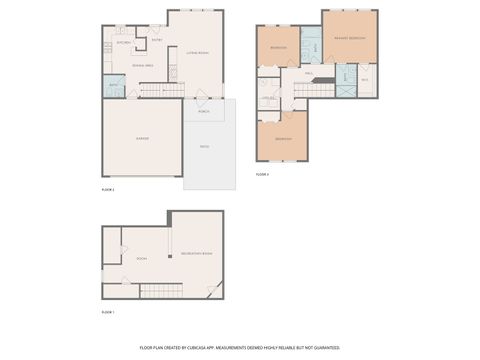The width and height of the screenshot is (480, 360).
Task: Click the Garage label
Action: tap(142, 138)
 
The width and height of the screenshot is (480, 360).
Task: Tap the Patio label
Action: tap(204, 147)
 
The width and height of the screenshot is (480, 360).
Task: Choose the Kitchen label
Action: tap(124, 43)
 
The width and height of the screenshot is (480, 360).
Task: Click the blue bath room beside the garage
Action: tap(113, 86)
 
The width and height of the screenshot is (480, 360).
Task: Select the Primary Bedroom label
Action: tap(350, 37)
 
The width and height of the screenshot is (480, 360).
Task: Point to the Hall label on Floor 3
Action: tap(310, 73)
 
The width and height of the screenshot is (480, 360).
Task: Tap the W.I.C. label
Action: tap(365, 79)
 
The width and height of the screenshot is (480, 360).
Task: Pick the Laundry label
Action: tap(268, 97)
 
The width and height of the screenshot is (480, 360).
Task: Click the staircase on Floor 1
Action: tap(160, 291)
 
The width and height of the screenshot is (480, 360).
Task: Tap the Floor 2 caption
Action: tap(108, 188)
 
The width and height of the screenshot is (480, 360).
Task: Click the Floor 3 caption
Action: tap(262, 174)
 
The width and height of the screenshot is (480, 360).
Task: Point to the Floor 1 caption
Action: tap(108, 312)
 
